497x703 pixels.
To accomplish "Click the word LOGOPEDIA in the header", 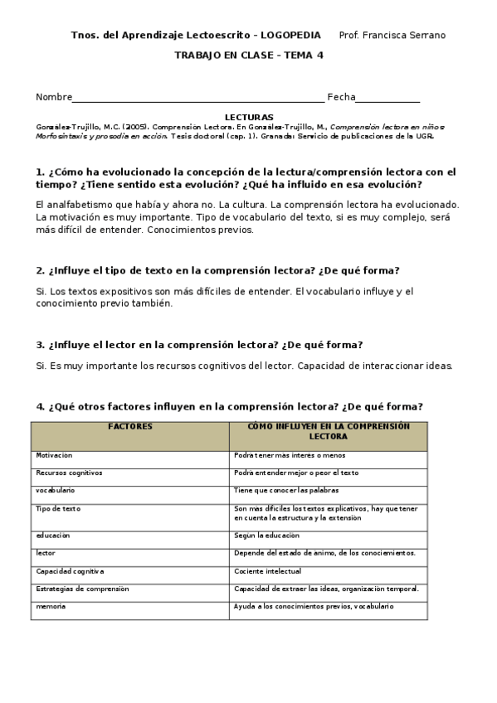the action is click(x=290, y=35).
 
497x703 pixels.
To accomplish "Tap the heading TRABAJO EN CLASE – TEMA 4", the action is click(x=249, y=56).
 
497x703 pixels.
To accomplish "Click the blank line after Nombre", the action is click(x=198, y=98).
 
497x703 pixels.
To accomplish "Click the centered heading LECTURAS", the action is click(x=249, y=118).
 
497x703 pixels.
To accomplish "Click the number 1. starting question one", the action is click(x=40, y=172).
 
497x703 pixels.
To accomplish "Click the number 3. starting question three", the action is click(x=40, y=345).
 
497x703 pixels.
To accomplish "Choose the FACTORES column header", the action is click(x=130, y=426).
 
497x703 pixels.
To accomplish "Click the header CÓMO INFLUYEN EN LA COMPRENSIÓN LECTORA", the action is click(x=329, y=430).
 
